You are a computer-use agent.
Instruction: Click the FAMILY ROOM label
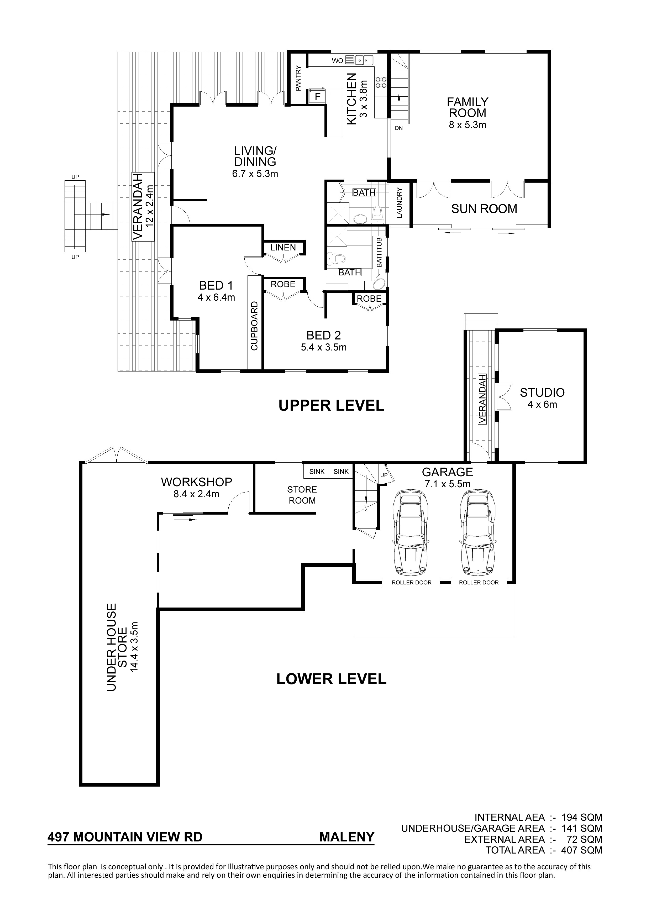[x=468, y=107]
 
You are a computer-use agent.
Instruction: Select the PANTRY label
[x=298, y=78]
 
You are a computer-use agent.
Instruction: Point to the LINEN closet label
[x=283, y=248]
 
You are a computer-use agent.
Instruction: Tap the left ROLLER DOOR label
[x=412, y=582]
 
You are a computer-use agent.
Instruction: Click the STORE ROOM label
[x=302, y=495]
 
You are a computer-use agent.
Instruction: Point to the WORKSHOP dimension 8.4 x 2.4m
[x=197, y=494]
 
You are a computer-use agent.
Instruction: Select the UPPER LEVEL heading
[x=331, y=406]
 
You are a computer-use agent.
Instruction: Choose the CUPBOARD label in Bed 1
[x=254, y=326]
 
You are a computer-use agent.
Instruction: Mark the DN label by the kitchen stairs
[x=399, y=129]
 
